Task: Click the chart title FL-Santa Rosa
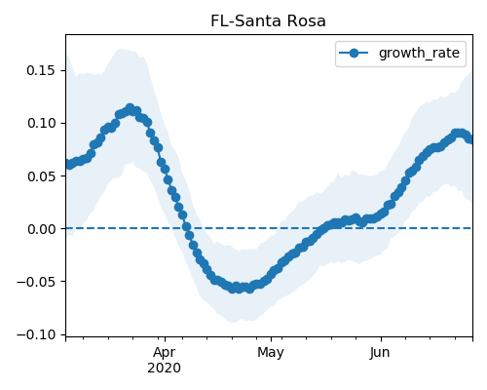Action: click(x=268, y=21)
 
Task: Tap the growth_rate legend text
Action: click(x=419, y=53)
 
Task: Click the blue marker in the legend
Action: click(x=354, y=53)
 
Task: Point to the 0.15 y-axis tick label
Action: click(x=41, y=70)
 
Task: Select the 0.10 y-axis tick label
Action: click(x=41, y=123)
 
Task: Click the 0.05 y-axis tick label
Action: click(x=41, y=176)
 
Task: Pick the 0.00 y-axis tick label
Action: click(x=41, y=229)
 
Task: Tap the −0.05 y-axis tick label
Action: click(x=36, y=282)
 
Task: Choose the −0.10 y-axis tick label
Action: click(x=36, y=334)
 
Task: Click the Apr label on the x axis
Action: click(x=165, y=353)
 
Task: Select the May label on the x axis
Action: click(x=271, y=353)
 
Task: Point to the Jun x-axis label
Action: click(x=380, y=353)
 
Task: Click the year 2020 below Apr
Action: click(x=165, y=369)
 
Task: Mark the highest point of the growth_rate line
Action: click(x=131, y=108)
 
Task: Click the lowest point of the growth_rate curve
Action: click(x=249, y=289)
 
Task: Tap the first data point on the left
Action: click(x=68, y=165)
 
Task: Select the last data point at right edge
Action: click(x=469, y=139)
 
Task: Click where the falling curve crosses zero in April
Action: click(x=187, y=228)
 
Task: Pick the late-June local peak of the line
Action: click(x=459, y=134)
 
